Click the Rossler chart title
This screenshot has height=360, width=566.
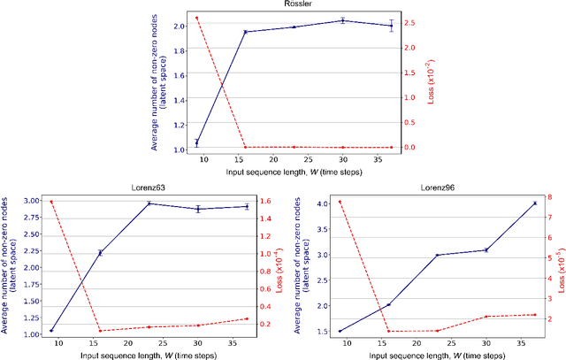296,5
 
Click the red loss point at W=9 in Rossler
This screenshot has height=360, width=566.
196,18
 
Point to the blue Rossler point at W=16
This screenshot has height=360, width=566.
245,32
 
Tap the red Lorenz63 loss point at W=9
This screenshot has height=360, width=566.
51,202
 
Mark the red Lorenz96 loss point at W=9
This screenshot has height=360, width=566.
340,202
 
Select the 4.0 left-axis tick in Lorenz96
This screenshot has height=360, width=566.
324,204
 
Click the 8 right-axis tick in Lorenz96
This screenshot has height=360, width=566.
552,197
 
